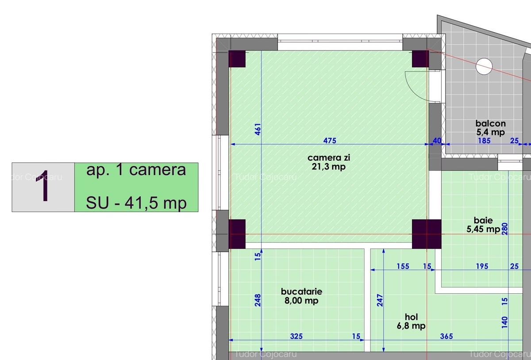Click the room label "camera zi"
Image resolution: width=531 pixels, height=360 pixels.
click(328, 157)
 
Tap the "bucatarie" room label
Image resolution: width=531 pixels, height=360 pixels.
click(301, 291)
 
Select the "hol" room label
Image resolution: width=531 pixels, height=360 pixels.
click(411, 317)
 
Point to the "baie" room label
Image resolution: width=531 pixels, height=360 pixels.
click(483, 220)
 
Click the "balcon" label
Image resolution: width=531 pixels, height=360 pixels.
click(491, 123)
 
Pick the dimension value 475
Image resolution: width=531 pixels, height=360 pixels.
click(330, 141)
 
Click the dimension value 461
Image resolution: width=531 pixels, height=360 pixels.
click(258, 129)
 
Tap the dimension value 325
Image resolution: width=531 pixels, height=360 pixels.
click(296, 336)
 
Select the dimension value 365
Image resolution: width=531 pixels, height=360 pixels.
click(446, 336)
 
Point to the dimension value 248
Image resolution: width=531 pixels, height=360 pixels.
click(258, 300)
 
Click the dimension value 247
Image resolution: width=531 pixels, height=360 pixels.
click(380, 300)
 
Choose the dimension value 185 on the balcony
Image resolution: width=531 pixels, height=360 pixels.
click(484, 141)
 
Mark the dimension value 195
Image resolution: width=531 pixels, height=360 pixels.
click(482, 266)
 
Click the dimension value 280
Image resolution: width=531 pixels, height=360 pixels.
click(505, 229)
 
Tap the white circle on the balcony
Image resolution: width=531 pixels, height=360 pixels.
click(484, 66)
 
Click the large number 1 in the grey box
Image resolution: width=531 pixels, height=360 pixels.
click(42, 186)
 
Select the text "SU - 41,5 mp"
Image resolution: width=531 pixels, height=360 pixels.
click(136, 203)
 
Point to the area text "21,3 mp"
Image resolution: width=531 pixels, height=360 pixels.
click(328, 167)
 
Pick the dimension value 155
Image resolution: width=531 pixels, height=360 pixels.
click(403, 266)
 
